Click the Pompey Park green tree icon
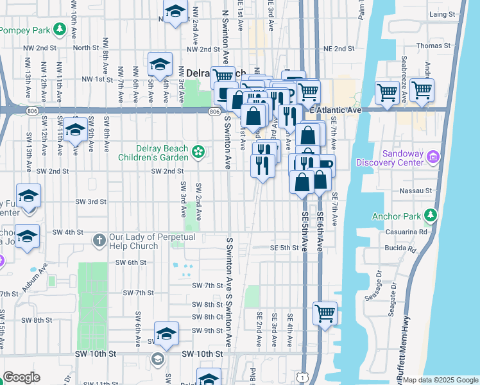[60, 30]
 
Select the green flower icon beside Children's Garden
[199, 152]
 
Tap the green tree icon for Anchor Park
[434, 215]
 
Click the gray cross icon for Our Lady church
[99, 240]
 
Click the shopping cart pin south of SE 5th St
[325, 314]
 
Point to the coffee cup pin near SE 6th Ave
[325, 165]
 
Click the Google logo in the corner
[21, 377]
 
